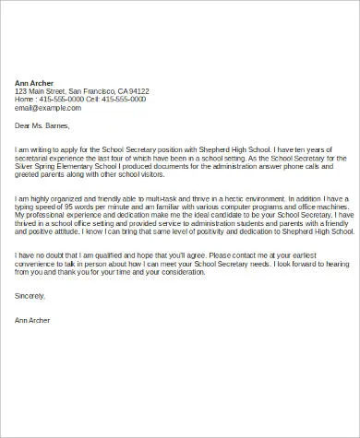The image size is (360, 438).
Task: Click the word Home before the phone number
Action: (26, 100)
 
